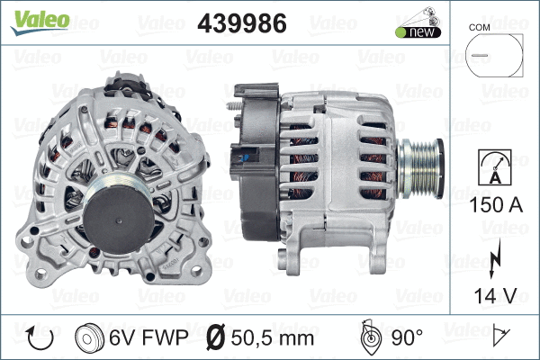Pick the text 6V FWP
[149, 337]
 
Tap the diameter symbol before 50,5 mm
[216, 337]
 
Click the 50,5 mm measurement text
[271, 337]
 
